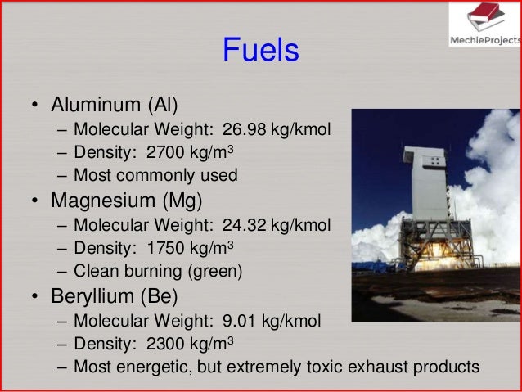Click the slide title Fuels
[261, 52]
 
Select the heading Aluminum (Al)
[115, 106]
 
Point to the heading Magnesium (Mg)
[126, 201]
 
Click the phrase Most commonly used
[155, 175]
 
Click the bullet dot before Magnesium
[34, 201]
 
